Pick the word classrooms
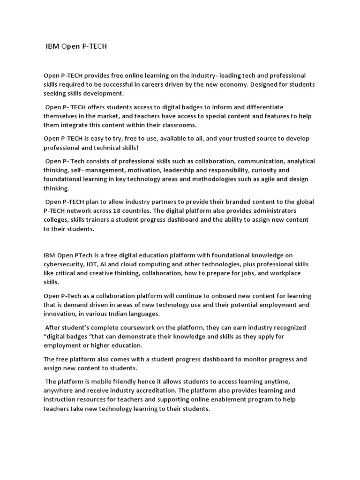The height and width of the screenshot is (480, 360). [x=179, y=125]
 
